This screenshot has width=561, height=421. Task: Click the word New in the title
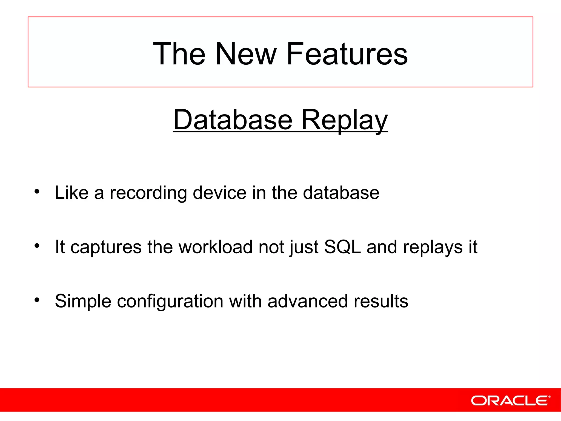[246, 54]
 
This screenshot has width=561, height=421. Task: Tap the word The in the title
[179, 54]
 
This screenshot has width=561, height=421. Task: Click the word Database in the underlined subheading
[233, 120]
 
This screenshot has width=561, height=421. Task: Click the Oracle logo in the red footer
[510, 400]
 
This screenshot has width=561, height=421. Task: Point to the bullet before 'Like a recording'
[37, 191]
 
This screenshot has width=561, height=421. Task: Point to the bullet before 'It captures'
[37, 246]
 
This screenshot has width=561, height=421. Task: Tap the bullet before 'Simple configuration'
[37, 300]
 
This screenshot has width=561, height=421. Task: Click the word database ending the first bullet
[341, 192]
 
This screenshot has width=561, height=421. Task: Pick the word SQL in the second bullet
[342, 247]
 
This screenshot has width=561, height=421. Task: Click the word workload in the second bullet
[216, 247]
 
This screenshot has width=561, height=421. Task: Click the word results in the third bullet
[381, 301]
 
